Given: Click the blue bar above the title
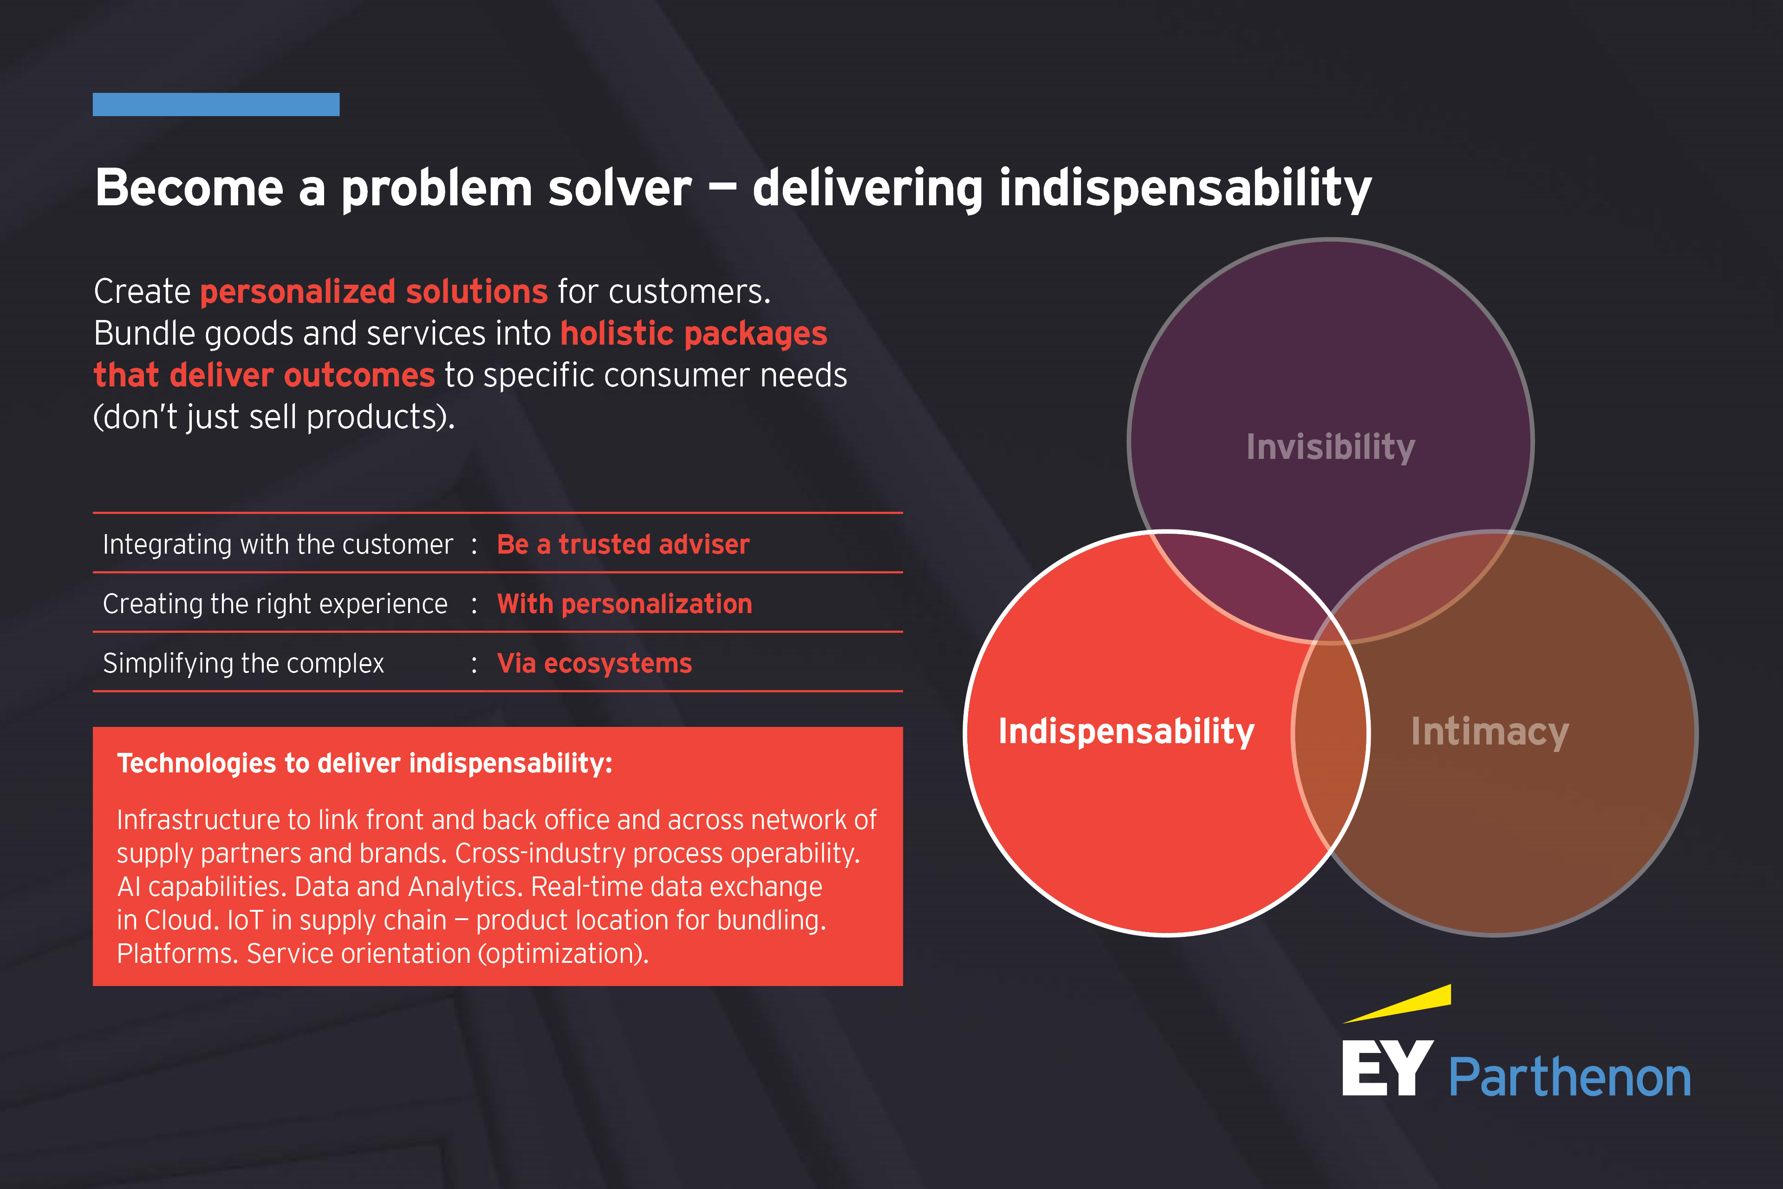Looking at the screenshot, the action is [x=216, y=104].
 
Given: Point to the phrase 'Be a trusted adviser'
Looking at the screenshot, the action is [x=623, y=544].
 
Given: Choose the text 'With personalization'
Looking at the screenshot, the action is [x=625, y=604].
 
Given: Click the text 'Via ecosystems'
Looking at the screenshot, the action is [x=594, y=664].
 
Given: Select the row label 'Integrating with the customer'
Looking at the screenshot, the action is [x=278, y=544].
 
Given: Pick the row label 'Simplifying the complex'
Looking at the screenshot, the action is [x=243, y=664].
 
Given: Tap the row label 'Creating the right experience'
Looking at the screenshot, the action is [x=275, y=604].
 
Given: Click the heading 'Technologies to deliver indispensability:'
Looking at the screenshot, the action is [x=364, y=764].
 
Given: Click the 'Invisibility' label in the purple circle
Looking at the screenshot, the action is [x=1330, y=447].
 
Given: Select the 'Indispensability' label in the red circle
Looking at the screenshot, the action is [x=1126, y=732].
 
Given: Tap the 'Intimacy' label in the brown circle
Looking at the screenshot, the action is [x=1490, y=732].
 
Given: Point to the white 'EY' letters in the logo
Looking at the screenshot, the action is [x=1387, y=1068].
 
